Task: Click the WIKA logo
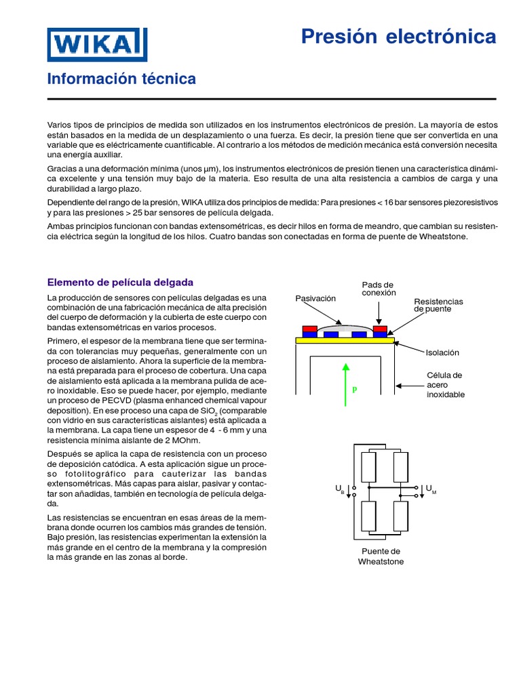click(x=97, y=45)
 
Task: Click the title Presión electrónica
click(x=398, y=37)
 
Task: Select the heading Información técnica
click(x=121, y=79)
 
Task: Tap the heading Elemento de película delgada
click(x=120, y=282)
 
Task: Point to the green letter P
click(x=353, y=390)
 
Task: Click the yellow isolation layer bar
click(x=344, y=341)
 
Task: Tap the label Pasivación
click(x=315, y=299)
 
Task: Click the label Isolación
click(x=442, y=352)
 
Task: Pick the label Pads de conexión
click(x=378, y=289)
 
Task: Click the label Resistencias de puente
click(x=438, y=305)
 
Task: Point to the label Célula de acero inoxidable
click(x=445, y=384)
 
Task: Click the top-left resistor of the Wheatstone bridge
click(x=368, y=467)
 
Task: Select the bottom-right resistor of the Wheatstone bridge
click(x=401, y=516)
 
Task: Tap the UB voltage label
click(x=340, y=489)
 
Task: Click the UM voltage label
click(x=430, y=489)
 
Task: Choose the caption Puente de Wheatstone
click(x=381, y=556)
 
